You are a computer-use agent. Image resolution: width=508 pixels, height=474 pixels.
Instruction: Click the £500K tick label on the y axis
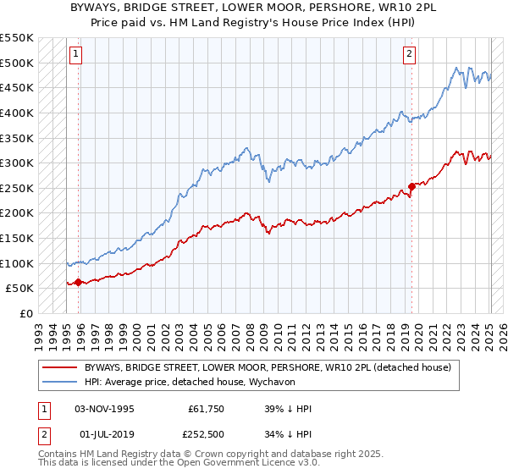pos(17,63)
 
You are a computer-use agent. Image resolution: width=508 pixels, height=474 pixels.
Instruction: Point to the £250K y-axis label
pos(17,188)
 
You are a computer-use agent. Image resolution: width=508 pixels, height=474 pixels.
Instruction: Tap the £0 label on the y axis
pos(25,313)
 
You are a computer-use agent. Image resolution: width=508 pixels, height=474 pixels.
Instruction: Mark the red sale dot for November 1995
pos(79,282)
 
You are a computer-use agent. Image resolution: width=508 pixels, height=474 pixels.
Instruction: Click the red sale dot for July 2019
pos(412,186)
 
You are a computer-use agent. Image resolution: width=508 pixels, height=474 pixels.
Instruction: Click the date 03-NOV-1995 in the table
pos(104,409)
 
